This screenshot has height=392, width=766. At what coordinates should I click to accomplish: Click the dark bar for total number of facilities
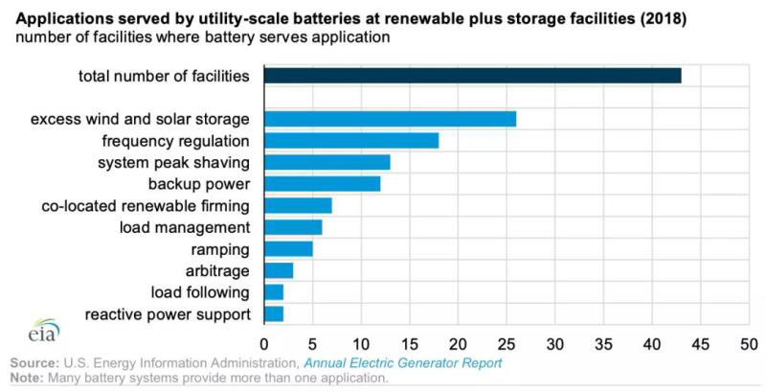[x=472, y=76]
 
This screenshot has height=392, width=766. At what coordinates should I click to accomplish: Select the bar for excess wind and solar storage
[x=390, y=119]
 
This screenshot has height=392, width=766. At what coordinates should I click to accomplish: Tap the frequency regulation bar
[x=350, y=141]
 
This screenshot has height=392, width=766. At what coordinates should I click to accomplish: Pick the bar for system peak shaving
[x=327, y=162]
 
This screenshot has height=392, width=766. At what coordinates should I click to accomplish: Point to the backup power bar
[x=322, y=184]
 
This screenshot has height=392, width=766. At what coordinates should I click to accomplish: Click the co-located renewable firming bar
[x=298, y=206]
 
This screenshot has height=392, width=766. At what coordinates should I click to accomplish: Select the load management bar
[x=293, y=227]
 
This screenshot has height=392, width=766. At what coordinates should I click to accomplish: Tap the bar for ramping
[x=288, y=249]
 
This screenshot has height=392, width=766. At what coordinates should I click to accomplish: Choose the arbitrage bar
[x=279, y=271]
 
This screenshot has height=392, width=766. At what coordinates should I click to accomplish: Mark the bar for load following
[x=274, y=292]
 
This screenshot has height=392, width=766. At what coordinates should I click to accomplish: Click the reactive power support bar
[x=274, y=314]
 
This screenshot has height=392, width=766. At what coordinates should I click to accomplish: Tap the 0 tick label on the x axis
[x=264, y=343]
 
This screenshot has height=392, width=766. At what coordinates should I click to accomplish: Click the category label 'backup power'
[x=198, y=184]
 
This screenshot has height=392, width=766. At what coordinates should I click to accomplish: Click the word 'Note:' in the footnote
[x=29, y=379]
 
